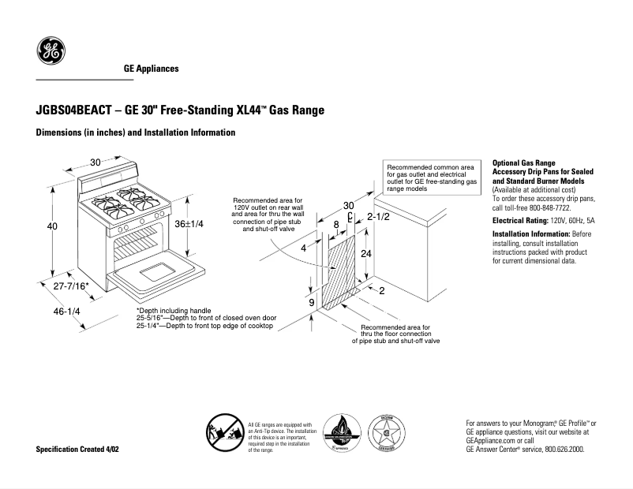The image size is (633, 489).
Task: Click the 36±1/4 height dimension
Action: pyautogui.click(x=189, y=223)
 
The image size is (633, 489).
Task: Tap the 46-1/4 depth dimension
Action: pyautogui.click(x=66, y=312)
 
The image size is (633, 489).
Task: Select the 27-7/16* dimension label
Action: pyautogui.click(x=71, y=286)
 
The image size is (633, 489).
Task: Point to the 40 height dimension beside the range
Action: pyautogui.click(x=52, y=227)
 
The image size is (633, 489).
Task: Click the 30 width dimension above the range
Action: pyautogui.click(x=95, y=162)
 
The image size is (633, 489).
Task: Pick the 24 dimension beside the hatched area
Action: pyautogui.click(x=365, y=254)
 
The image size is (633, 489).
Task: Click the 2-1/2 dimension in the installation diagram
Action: pyautogui.click(x=380, y=216)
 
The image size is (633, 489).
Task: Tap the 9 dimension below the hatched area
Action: pyautogui.click(x=311, y=303)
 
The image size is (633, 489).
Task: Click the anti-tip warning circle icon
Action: pyautogui.click(x=225, y=433)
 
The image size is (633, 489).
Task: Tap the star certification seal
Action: pyautogui.click(x=387, y=434)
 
